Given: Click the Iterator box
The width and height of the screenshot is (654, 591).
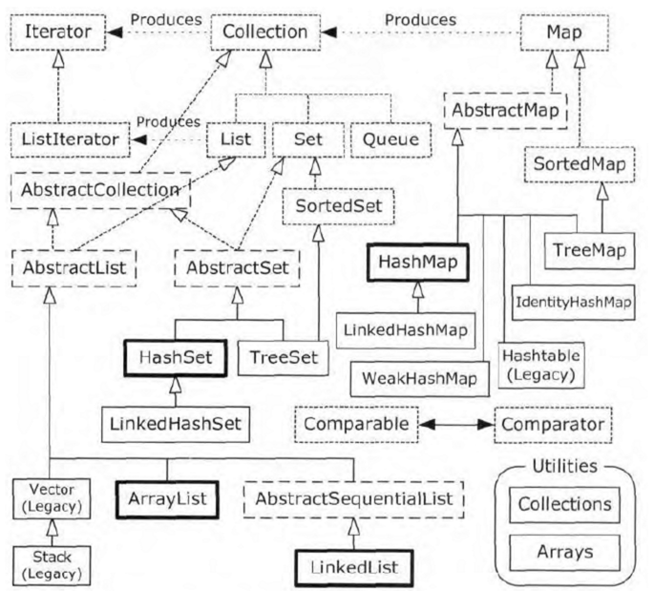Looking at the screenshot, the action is click(58, 32).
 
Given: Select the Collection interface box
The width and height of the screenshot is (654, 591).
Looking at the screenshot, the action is click(265, 32).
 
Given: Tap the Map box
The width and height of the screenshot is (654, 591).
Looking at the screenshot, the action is click(564, 32).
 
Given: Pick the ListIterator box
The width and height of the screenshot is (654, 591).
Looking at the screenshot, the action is click(70, 139).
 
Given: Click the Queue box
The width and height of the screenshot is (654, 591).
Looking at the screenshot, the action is click(390, 139).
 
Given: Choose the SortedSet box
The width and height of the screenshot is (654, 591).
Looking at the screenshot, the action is click(338, 206).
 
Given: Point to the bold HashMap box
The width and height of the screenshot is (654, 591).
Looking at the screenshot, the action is click(418, 263).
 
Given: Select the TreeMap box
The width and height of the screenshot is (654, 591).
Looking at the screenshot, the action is click(589, 251).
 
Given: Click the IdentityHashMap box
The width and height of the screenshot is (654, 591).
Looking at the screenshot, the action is click(574, 303).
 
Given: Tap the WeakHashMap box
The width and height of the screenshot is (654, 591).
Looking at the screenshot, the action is click(419, 379).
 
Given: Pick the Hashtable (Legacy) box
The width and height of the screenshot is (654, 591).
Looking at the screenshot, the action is click(541, 366).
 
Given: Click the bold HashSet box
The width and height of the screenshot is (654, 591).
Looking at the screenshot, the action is click(175, 358).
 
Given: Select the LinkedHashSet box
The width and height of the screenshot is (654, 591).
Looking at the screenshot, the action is click(176, 424).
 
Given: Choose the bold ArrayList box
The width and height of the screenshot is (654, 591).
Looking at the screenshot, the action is click(167, 499).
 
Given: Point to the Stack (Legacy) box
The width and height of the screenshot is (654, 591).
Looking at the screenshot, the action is click(52, 565).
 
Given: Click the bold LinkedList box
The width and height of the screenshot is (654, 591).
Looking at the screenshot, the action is click(354, 568).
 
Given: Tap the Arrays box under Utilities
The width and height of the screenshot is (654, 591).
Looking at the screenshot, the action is click(565, 553).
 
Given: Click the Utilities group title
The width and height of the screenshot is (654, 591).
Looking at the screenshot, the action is click(565, 466).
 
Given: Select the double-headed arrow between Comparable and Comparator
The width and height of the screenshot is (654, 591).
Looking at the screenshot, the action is click(456, 425).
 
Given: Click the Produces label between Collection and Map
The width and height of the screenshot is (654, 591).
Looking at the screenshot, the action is click(420, 20).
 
